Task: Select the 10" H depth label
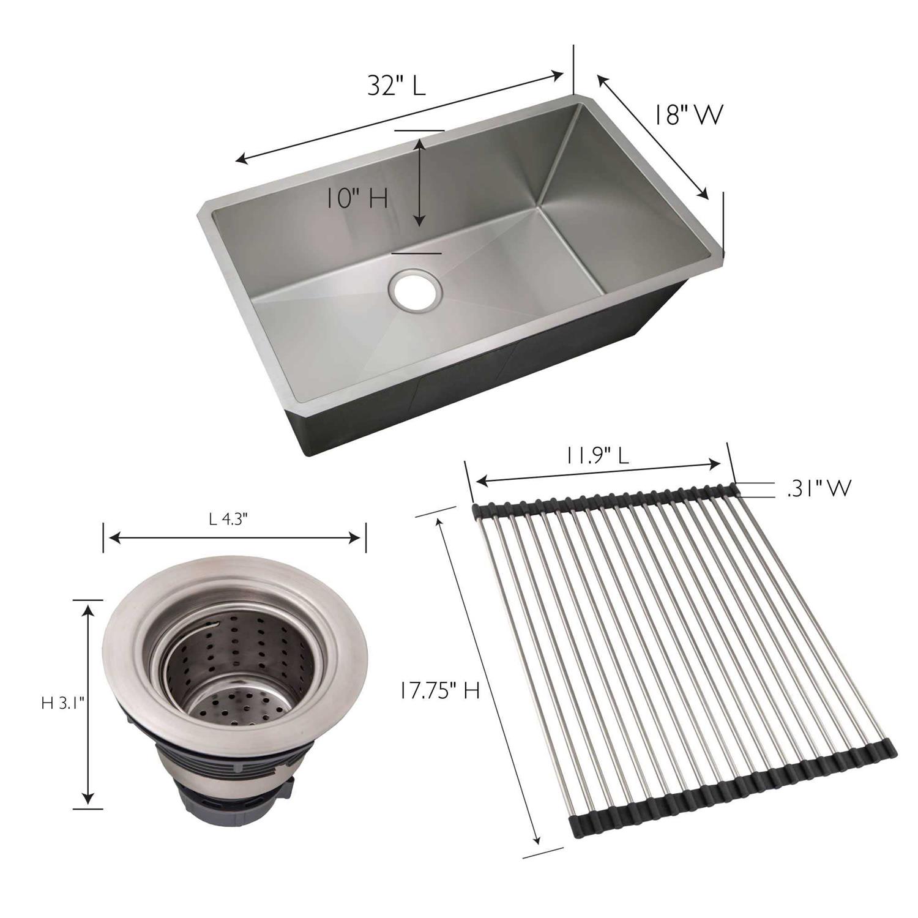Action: [356, 199]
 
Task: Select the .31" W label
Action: [819, 488]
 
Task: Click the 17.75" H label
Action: [439, 691]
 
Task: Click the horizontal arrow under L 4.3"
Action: [234, 538]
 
